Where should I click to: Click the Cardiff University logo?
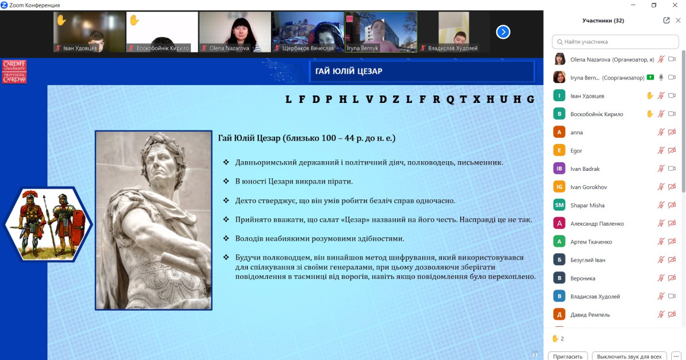14,71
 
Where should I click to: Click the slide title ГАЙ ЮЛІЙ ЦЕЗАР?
349,71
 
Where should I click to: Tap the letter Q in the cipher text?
450,99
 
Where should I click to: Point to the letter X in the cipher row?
477,99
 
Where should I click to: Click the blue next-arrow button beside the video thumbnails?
503,32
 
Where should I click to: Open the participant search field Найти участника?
615,42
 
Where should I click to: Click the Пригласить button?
568,357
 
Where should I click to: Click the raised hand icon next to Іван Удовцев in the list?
649,96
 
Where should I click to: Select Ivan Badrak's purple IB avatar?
559,169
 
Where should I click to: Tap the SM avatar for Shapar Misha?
559,205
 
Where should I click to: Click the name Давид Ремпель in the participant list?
590,315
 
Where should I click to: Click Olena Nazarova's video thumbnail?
235,32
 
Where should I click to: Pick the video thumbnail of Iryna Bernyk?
381,32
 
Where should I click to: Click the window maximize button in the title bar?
654,5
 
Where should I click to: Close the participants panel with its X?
678,21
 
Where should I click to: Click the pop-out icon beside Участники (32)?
666,21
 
